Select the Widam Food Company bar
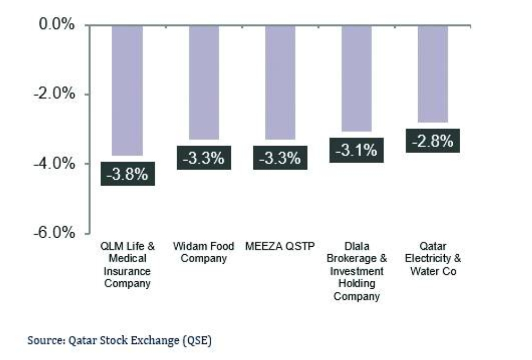point(204,82)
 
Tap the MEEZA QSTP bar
point(280,82)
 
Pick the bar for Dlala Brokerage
point(356,78)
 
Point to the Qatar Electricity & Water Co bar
point(433,73)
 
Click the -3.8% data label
point(128,174)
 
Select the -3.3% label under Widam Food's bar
point(204,158)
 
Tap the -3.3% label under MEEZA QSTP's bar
point(280,158)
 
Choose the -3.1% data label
point(356,150)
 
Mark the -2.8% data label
point(433,141)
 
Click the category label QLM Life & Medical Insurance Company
point(128,265)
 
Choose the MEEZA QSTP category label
point(280,247)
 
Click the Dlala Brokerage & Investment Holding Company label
point(356,271)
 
